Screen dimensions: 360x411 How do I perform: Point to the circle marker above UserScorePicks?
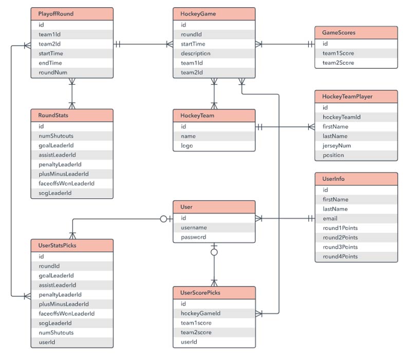pyautogui.click(x=214, y=252)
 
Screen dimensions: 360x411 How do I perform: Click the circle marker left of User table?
pyautogui.click(x=163, y=219)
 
